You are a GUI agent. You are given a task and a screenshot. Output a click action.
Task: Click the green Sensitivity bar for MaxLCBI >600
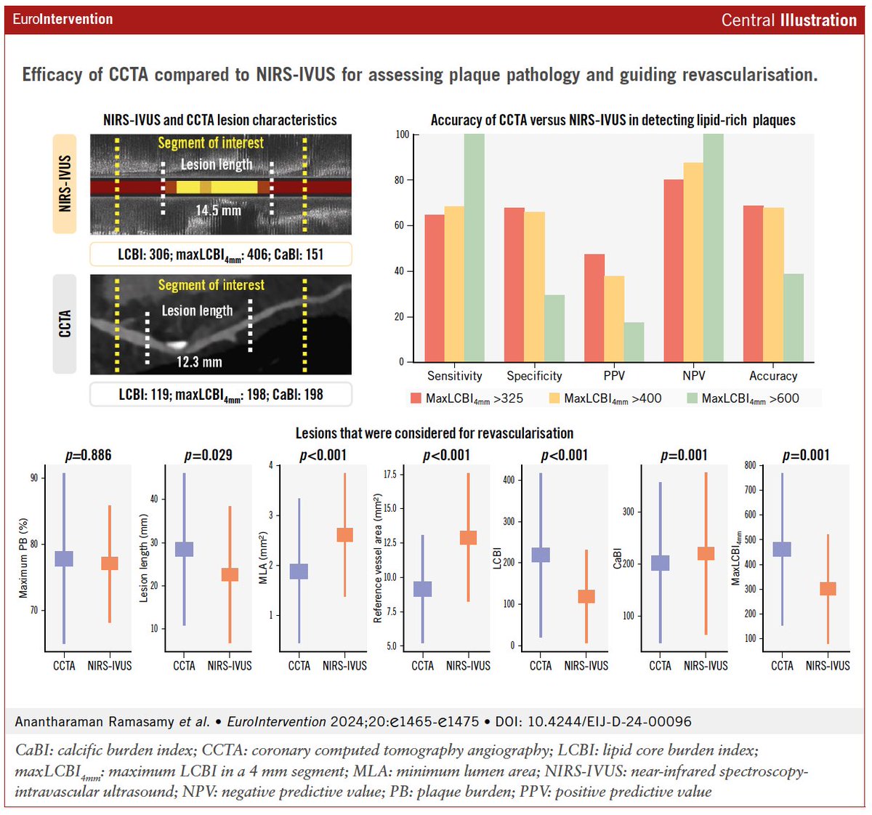(x=474, y=247)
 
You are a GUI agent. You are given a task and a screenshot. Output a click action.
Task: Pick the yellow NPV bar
(x=693, y=262)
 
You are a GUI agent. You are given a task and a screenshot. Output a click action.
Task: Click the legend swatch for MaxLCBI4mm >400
(x=554, y=398)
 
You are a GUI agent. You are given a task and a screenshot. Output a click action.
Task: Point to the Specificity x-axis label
(x=534, y=376)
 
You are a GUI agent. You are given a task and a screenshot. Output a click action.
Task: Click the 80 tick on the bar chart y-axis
(x=399, y=180)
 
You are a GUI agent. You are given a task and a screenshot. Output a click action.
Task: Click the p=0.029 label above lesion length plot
(x=209, y=456)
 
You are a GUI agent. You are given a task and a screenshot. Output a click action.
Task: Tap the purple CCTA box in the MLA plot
(x=299, y=571)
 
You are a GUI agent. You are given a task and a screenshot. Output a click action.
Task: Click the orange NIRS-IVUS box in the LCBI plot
(x=586, y=596)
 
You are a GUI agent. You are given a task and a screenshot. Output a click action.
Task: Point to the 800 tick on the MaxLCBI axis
(x=750, y=465)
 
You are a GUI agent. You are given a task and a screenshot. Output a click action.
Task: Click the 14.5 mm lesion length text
(x=218, y=211)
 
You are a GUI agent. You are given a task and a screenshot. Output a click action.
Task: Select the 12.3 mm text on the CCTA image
(x=199, y=362)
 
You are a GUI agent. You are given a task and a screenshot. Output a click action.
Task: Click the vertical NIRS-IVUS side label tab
(x=65, y=183)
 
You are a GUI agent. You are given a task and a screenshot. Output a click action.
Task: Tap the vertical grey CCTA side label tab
(x=65, y=324)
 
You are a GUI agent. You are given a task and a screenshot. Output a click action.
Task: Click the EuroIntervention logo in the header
(x=62, y=20)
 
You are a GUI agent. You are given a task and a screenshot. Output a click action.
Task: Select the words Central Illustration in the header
(x=788, y=20)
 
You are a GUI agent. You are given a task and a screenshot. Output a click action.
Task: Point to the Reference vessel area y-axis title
(x=377, y=558)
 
